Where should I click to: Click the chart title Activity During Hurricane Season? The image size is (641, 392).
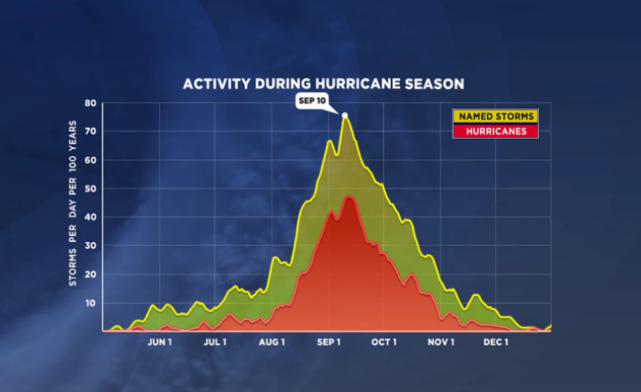pyautogui.click(x=323, y=84)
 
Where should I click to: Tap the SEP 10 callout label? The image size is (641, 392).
pyautogui.click(x=311, y=101)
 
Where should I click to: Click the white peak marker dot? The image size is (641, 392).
pyautogui.click(x=345, y=115)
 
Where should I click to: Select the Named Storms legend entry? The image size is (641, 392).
pyautogui.click(x=495, y=116)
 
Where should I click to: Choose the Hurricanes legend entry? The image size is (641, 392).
pyautogui.click(x=495, y=131)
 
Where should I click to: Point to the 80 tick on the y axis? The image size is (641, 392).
pyautogui.click(x=90, y=103)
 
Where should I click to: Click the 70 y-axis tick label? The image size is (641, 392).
pyautogui.click(x=90, y=132)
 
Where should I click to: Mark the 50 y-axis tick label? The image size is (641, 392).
pyautogui.click(x=90, y=189)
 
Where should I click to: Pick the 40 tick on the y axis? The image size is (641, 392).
pyautogui.click(x=90, y=217)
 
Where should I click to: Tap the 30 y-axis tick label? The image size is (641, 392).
pyautogui.click(x=90, y=246)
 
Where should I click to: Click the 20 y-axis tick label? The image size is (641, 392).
pyautogui.click(x=90, y=274)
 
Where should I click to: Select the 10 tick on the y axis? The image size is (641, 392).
pyautogui.click(x=90, y=303)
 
